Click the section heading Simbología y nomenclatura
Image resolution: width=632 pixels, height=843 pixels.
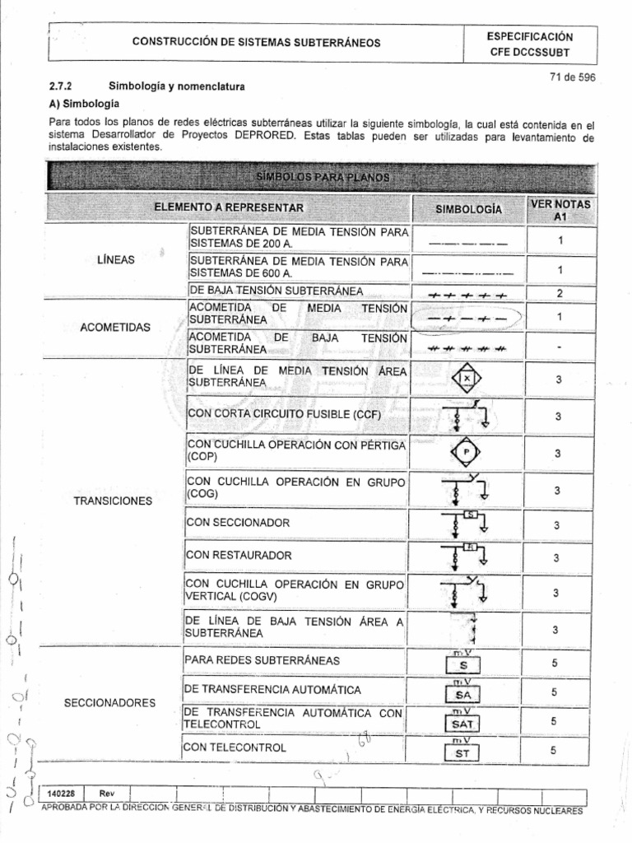[x=177, y=86]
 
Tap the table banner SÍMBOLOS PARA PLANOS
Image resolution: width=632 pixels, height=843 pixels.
[x=322, y=177]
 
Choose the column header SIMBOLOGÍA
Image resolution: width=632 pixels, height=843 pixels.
[x=467, y=209]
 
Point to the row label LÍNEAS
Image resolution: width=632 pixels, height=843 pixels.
[x=115, y=259]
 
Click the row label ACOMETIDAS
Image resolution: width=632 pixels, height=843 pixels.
[x=115, y=327]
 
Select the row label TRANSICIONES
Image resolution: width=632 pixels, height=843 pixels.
[x=115, y=500]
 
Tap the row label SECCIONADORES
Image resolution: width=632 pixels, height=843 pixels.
[x=109, y=702]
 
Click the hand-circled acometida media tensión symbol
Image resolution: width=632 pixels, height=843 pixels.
[x=467, y=317]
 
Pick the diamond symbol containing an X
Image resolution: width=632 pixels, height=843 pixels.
[x=467, y=378]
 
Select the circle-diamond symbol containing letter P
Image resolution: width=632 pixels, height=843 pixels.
[x=467, y=452]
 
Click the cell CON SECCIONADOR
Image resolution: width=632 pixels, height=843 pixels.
[x=239, y=523]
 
